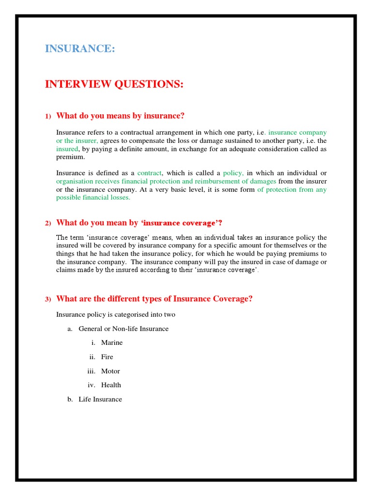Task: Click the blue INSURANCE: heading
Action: [x=80, y=48]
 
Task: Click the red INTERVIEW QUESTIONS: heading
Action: [x=114, y=84]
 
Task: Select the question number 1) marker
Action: [x=48, y=116]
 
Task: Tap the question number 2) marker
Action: [x=48, y=223]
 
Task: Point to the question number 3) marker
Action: [x=48, y=299]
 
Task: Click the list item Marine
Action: [x=112, y=342]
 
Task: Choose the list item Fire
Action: [x=107, y=356]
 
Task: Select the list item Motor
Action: [x=110, y=371]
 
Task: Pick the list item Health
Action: [x=111, y=385]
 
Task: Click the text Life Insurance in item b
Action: [x=100, y=399]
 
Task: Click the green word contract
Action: [x=149, y=173]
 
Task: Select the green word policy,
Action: [x=233, y=173]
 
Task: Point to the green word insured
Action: [x=67, y=149]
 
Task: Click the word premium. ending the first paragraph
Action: [x=70, y=157]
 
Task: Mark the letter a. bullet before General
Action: [x=70, y=328]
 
